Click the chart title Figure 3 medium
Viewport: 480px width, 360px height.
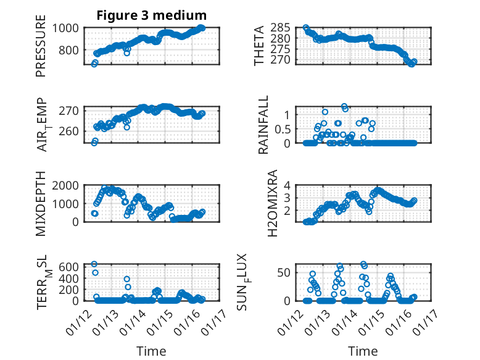(x=151, y=15)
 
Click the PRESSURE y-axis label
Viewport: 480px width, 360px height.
(x=41, y=50)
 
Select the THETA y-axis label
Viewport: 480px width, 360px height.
(x=259, y=46)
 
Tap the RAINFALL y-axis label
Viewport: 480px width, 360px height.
(x=263, y=125)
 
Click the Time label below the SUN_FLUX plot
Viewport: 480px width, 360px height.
(x=363, y=351)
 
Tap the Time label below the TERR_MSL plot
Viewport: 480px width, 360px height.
(x=151, y=351)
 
